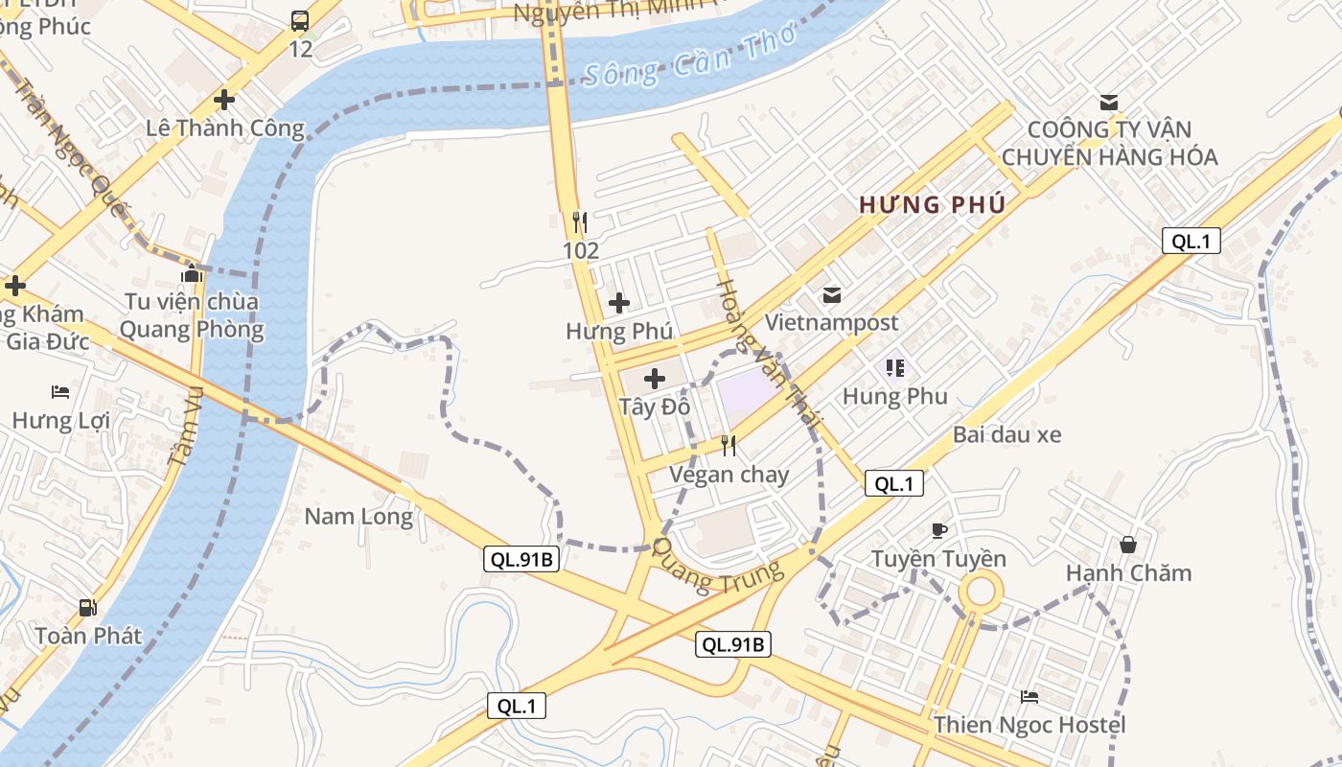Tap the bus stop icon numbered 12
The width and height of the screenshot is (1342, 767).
click(x=300, y=21)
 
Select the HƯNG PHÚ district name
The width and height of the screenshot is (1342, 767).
click(x=932, y=204)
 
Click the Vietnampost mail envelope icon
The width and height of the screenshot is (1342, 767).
click(x=830, y=294)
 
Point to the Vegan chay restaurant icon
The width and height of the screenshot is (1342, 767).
click(x=729, y=445)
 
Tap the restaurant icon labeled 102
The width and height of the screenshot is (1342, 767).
click(x=579, y=222)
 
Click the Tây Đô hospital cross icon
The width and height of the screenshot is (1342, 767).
click(x=655, y=379)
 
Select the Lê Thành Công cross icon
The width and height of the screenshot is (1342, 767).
click(x=224, y=99)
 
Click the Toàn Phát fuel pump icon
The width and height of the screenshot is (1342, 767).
click(x=87, y=607)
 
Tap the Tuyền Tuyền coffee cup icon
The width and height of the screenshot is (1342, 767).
click(x=939, y=530)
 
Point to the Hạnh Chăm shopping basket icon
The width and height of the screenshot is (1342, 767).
click(x=1128, y=545)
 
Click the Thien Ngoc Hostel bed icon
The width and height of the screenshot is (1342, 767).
click(x=1030, y=697)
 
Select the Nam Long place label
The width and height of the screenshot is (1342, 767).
click(x=359, y=517)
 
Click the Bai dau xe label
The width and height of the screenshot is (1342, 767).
click(x=1006, y=434)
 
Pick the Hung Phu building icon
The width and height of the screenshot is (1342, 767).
click(x=895, y=367)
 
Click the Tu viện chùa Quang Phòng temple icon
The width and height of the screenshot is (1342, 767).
click(x=192, y=274)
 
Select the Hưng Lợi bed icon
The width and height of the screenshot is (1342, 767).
click(x=59, y=392)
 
